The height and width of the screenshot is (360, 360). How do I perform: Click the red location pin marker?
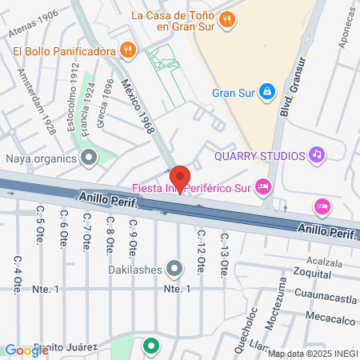(180, 178)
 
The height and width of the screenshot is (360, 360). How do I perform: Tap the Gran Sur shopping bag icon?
(266, 92)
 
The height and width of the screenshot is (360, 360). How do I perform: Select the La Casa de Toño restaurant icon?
(228, 19)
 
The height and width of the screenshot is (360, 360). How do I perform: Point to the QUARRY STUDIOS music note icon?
(316, 155)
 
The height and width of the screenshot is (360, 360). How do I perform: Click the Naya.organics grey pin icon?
(89, 158)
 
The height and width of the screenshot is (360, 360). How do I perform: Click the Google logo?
(26, 350)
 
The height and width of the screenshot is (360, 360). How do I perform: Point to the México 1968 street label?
(135, 103)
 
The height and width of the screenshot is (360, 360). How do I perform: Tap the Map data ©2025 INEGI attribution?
(311, 353)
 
